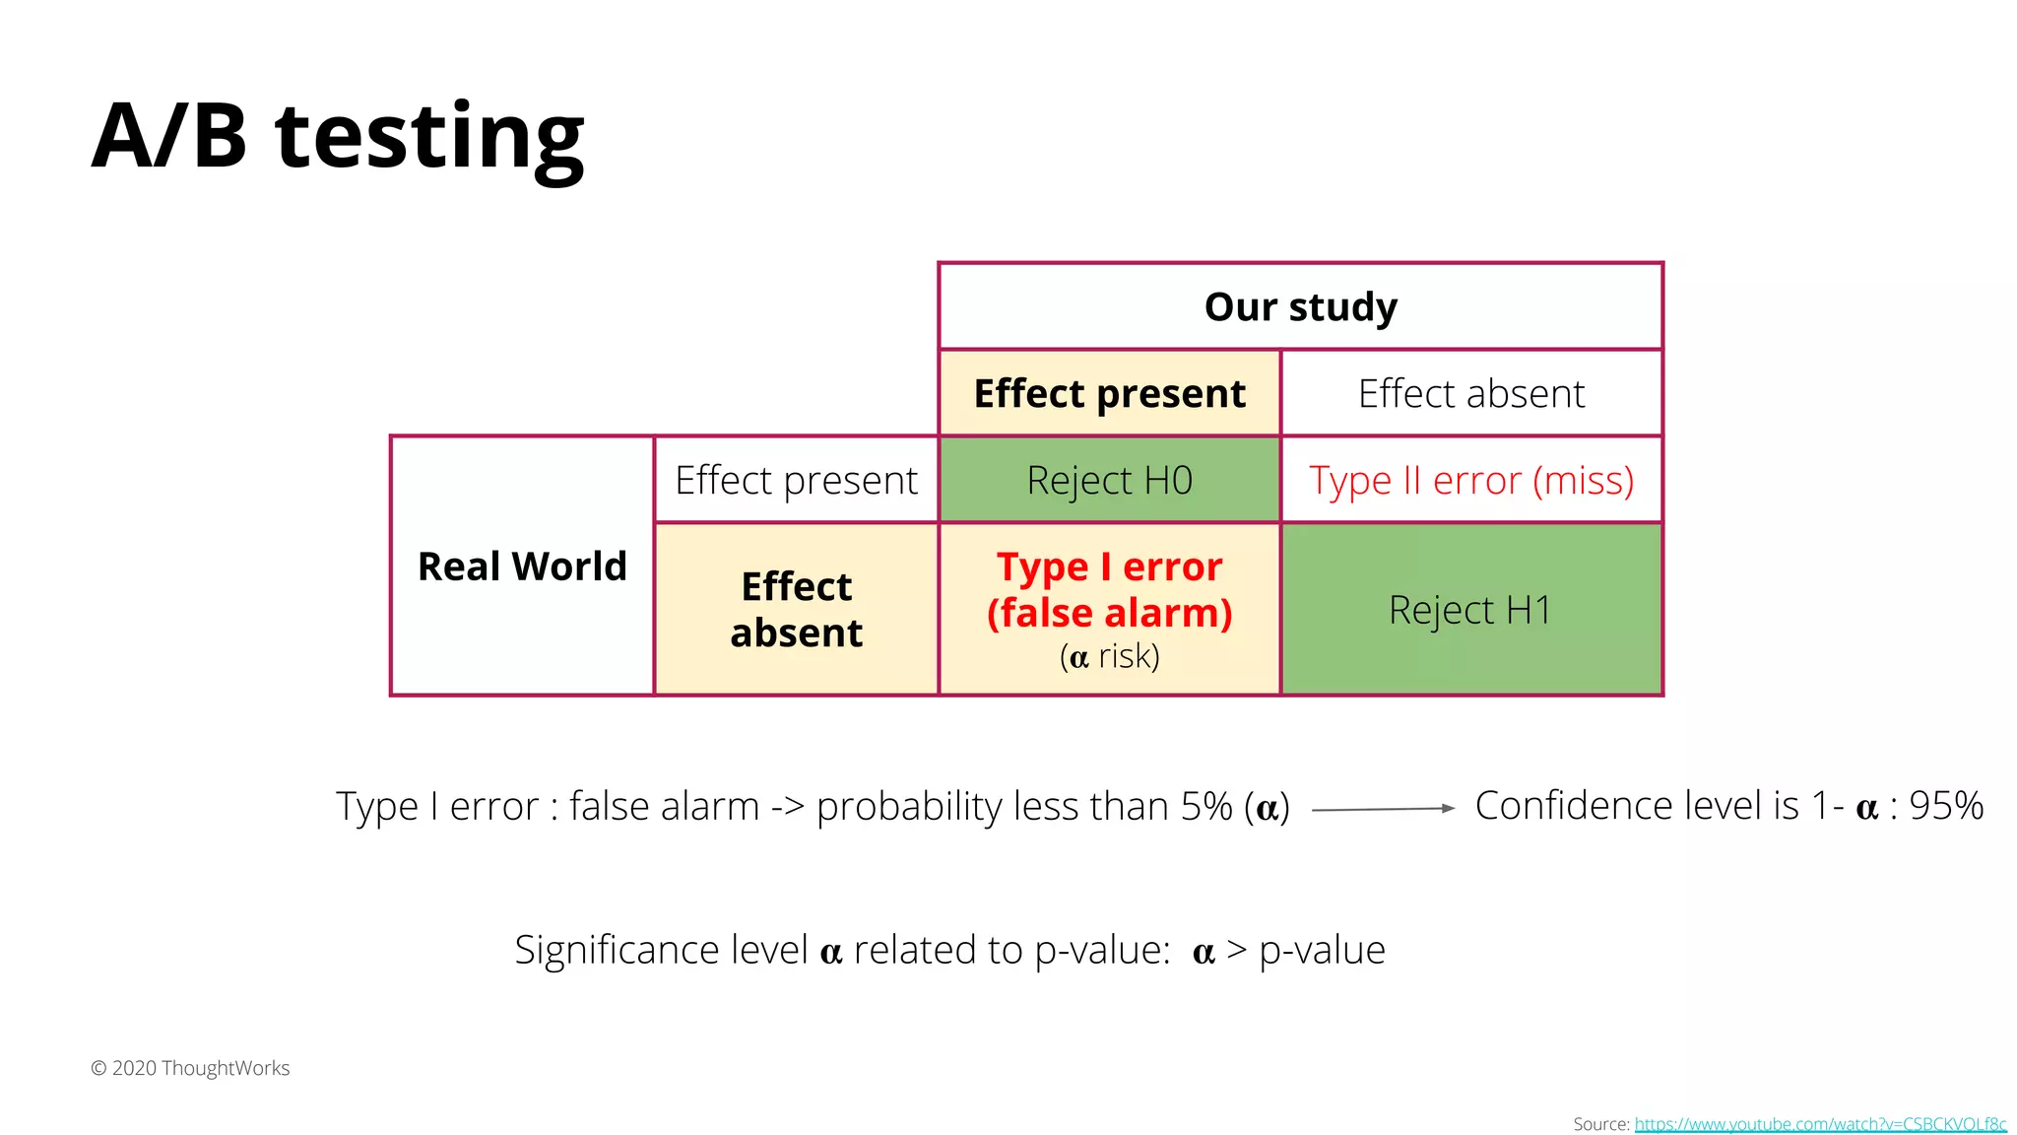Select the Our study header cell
coord(1300,306)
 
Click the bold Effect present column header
coord(1109,393)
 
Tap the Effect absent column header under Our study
coord(1471,393)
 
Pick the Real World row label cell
coord(522,567)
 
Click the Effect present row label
coord(796,480)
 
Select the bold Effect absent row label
coord(796,609)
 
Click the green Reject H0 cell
coord(1109,480)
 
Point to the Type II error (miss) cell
coord(1471,480)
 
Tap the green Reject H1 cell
coord(1471,610)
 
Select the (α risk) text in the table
coord(1109,656)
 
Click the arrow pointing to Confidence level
coord(1383,809)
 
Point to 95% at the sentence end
coord(1946,806)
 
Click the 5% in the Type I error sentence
coord(1206,806)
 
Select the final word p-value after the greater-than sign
coord(1322,950)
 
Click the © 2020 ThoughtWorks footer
coord(190,1068)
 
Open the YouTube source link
coord(1820,1124)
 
